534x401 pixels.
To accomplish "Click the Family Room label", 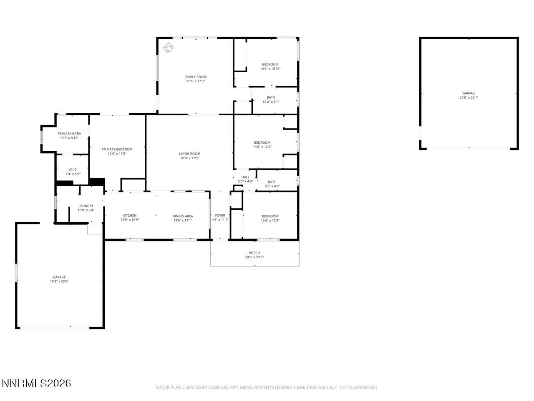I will [x=195, y=77].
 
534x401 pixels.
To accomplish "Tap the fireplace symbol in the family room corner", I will [x=168, y=48].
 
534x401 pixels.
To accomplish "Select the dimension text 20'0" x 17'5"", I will [x=189, y=158].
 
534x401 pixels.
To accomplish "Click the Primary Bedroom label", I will [x=117, y=149].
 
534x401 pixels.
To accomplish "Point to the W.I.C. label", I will [x=73, y=170].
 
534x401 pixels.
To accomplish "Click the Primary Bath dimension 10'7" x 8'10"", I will [x=69, y=138].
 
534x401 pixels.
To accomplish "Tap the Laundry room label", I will [x=86, y=206].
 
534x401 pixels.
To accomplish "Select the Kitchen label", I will [x=129, y=216].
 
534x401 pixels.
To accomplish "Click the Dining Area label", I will [x=183, y=216].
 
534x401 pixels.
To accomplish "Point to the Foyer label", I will [x=220, y=216].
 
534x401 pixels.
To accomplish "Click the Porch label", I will [x=254, y=253].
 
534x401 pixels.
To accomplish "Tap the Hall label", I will [x=245, y=177].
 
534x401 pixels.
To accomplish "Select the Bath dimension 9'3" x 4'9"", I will [x=272, y=186].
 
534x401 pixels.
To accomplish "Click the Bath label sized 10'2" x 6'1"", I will [x=271, y=97].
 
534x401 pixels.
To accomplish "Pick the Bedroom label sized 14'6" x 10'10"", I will [x=270, y=64].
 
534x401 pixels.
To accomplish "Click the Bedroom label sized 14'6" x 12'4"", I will [x=262, y=142].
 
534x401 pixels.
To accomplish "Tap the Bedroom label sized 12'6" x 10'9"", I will [x=270, y=216].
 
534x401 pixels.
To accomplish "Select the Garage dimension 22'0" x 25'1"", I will [x=469, y=98].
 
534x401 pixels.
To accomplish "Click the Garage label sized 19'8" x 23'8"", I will [x=59, y=277].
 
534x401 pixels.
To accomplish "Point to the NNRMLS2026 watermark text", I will [x=36, y=383].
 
